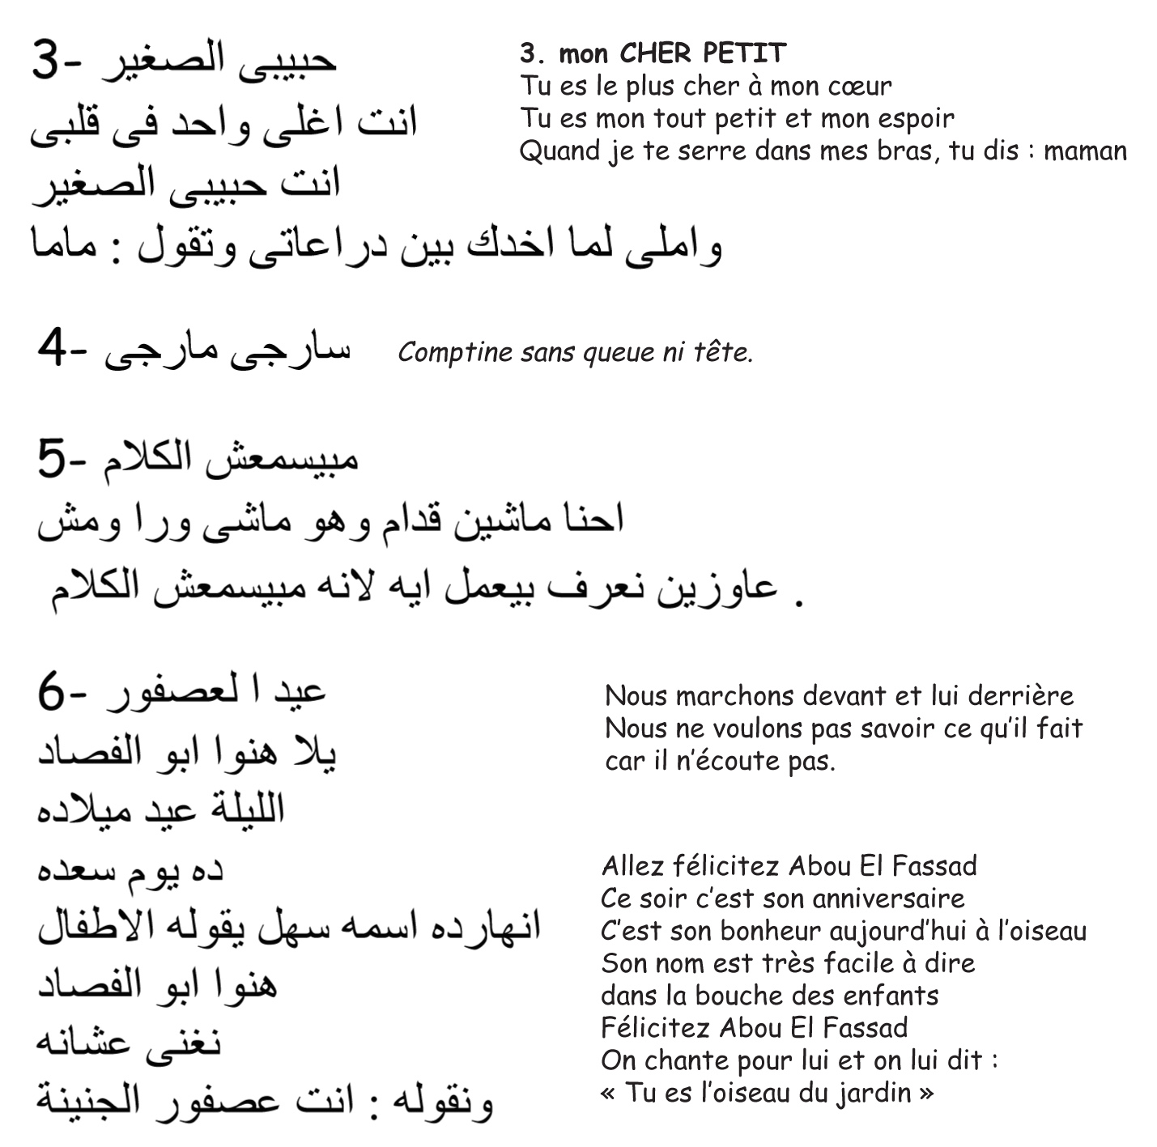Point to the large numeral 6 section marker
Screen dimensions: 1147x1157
tap(51, 693)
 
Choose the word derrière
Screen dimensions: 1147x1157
tap(1021, 696)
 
